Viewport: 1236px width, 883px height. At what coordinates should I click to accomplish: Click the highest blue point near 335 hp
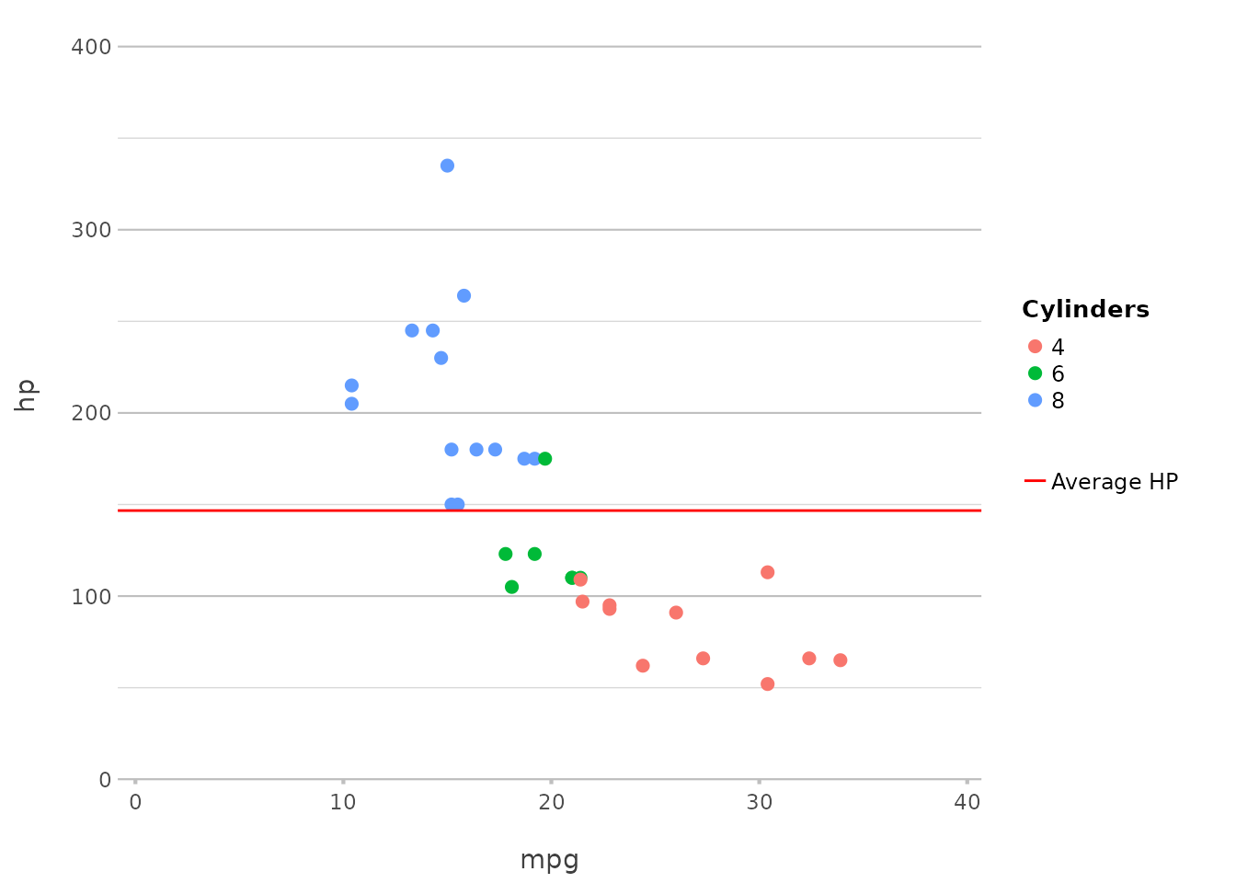click(447, 166)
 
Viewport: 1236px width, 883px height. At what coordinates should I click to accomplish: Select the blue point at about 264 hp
click(463, 295)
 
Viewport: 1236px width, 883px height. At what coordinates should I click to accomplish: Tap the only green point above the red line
click(544, 458)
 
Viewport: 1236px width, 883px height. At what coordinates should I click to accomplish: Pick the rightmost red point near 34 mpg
click(840, 659)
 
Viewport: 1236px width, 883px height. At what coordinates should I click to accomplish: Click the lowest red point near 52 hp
click(767, 683)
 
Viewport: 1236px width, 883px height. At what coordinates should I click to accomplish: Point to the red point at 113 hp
click(767, 572)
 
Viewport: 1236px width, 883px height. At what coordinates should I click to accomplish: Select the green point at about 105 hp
click(511, 587)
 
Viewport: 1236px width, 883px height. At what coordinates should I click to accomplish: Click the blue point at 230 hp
click(441, 358)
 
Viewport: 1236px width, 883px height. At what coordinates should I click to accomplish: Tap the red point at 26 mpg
click(676, 613)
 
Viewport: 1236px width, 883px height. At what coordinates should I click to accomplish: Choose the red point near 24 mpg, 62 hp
click(643, 665)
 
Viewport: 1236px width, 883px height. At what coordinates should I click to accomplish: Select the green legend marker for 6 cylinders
click(1036, 373)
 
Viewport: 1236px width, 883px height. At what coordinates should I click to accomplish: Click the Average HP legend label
click(1114, 482)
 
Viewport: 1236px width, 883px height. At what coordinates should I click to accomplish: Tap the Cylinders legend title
click(1085, 310)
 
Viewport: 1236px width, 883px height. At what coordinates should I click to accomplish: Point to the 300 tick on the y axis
click(91, 230)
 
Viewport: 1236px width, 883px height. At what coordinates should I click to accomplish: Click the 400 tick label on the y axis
click(91, 46)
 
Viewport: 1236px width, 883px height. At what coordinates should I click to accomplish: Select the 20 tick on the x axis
click(551, 802)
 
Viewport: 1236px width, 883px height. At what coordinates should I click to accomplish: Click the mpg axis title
click(549, 860)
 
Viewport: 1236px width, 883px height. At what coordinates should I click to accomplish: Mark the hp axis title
click(26, 396)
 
